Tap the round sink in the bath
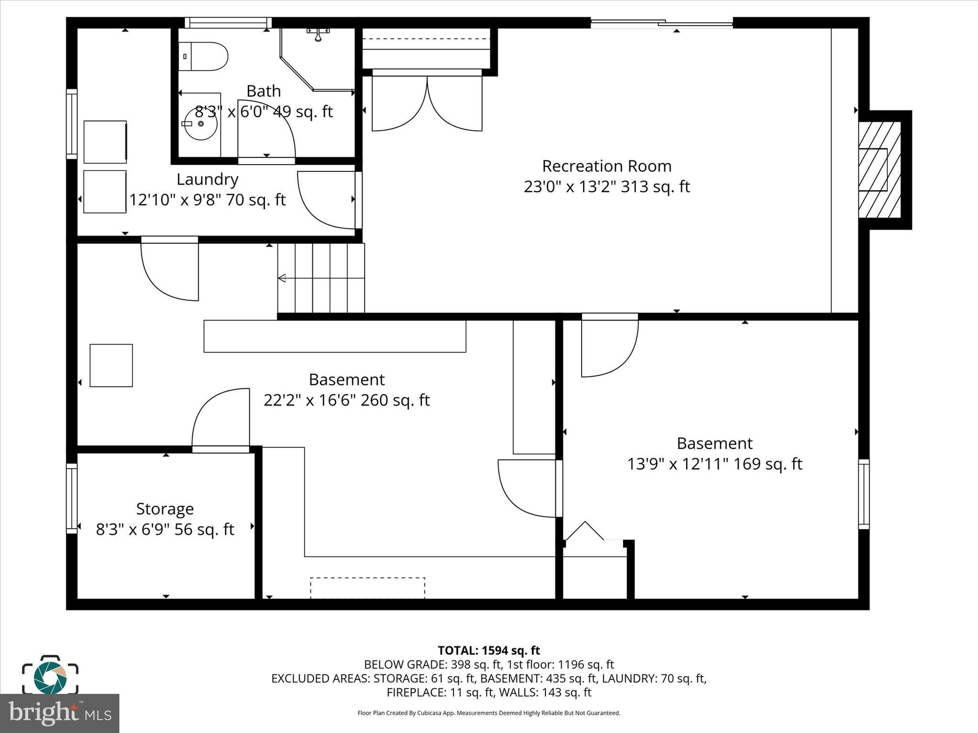201,124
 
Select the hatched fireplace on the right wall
879,170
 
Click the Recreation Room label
606,166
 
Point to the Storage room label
165,509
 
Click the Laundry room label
207,179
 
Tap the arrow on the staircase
282,278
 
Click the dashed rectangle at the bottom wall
367,587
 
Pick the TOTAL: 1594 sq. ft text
489,650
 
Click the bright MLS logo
59,713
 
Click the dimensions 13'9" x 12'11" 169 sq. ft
714,464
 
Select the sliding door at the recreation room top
662,22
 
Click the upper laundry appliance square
105,142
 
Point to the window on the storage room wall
72,498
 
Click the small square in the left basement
111,365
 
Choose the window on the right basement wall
863,494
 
